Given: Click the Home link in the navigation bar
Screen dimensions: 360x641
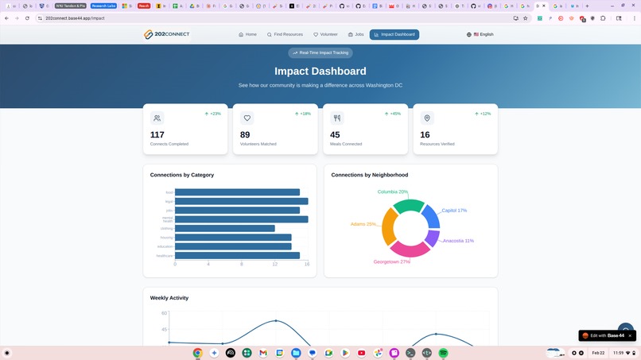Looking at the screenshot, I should click(248, 35).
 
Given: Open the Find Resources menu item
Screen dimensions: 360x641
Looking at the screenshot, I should click(285, 35).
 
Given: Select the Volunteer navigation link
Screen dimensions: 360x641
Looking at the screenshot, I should click(325, 35).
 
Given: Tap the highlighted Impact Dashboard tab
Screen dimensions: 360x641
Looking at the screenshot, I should click(394, 35).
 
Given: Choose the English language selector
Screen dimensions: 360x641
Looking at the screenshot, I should click(480, 35).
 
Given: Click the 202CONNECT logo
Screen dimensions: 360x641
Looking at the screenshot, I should click(166, 35).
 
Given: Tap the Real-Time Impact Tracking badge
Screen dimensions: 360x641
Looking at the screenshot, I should click(320, 53).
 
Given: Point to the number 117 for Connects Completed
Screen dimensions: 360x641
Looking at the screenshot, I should click(157, 135).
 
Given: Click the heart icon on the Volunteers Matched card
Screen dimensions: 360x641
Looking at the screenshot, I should click(247, 118).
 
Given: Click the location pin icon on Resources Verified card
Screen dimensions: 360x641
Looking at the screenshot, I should click(427, 118).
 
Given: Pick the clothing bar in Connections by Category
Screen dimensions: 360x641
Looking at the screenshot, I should click(224, 229).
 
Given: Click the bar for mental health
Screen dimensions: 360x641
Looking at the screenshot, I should click(241, 219).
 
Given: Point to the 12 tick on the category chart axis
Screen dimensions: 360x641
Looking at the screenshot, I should click(274, 264).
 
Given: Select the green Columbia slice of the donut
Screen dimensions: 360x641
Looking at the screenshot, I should click(409, 207).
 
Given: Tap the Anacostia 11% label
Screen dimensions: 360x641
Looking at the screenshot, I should click(458, 241).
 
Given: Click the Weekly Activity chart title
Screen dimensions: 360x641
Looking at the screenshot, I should click(169, 298).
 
